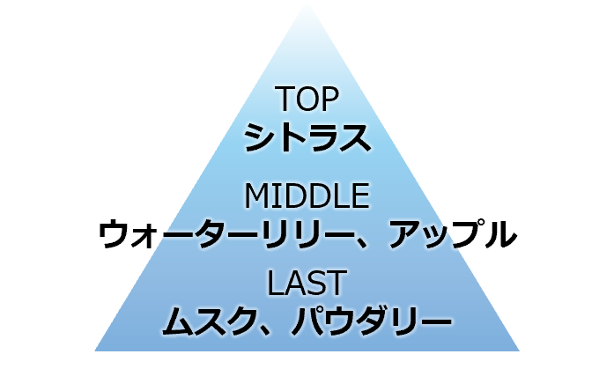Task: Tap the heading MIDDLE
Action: pos(307,194)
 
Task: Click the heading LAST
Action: pos(307,284)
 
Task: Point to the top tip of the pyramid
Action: pos(307,3)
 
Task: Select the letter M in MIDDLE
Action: pos(255,194)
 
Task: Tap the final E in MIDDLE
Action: pos(359,194)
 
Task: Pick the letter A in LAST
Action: pos(297,284)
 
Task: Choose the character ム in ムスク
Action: pos(179,321)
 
